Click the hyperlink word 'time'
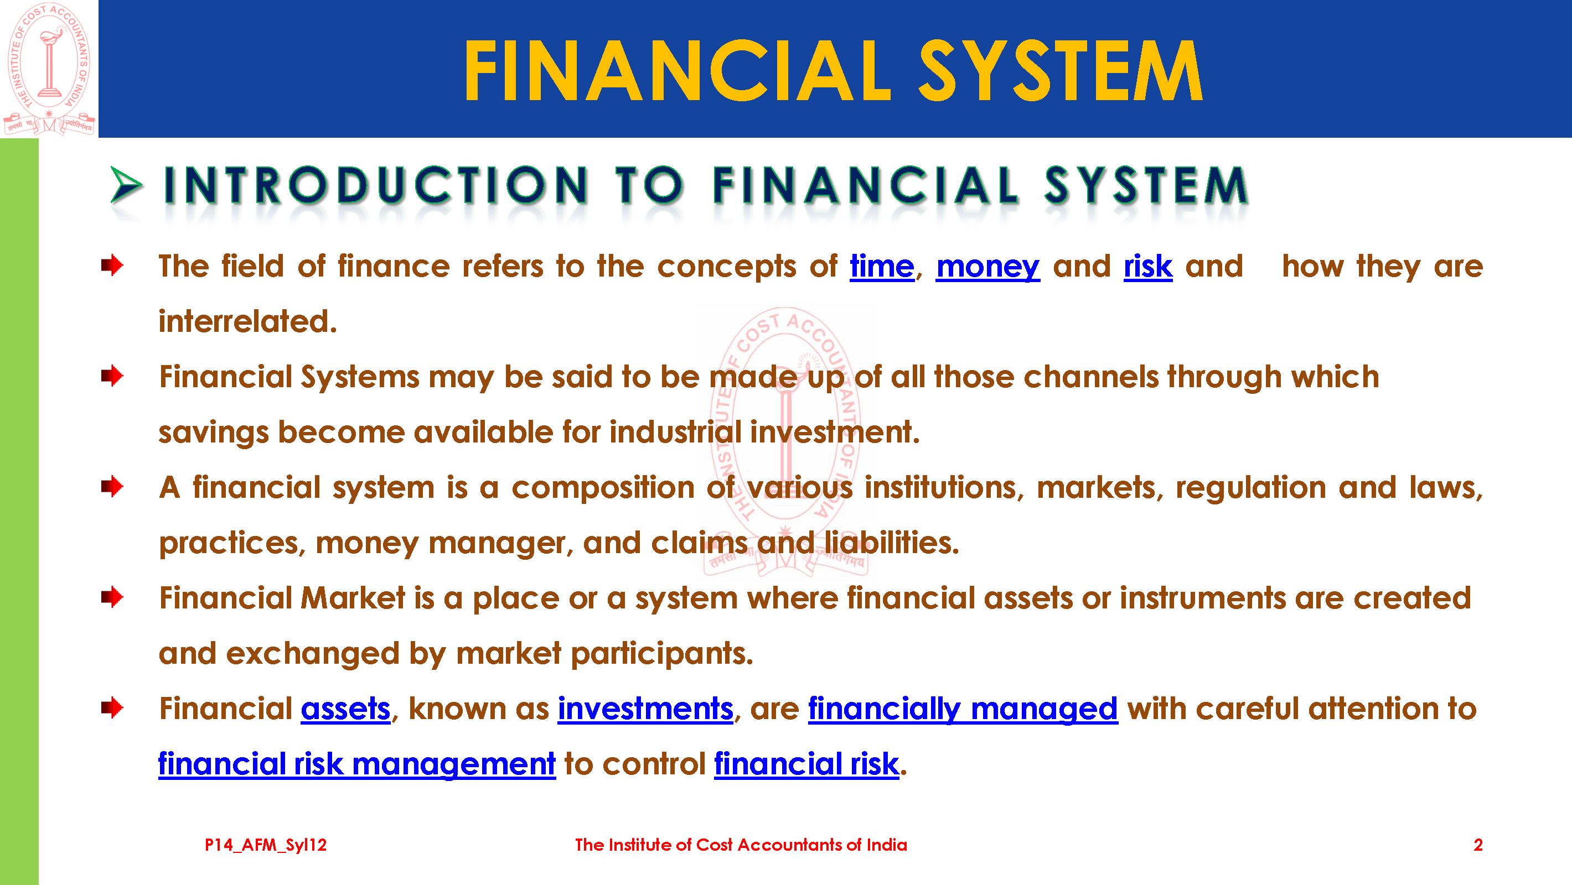pos(882,266)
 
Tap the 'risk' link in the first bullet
pos(1148,266)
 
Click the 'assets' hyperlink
pos(345,709)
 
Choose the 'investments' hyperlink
pos(645,709)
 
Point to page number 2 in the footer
pos(1477,845)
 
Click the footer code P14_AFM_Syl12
pos(266,845)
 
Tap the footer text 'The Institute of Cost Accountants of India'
pos(741,845)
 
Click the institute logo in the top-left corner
pos(49,69)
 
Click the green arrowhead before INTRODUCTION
pos(126,185)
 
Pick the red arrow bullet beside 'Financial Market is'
pos(112,597)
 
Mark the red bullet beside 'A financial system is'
pos(112,487)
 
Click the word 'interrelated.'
pos(248,321)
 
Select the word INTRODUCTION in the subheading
pos(376,185)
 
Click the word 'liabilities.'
pos(892,543)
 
